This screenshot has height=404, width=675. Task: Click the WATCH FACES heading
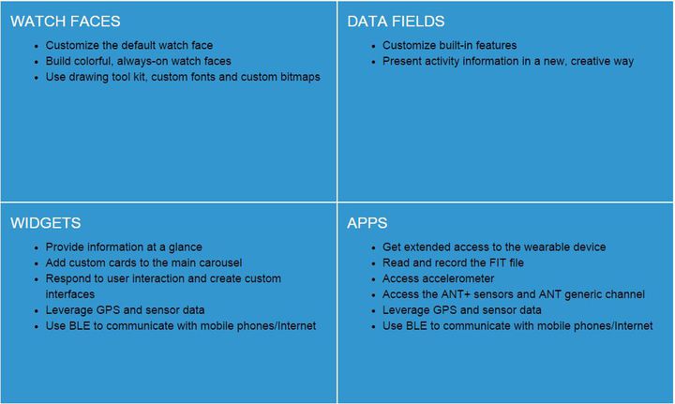pyautogui.click(x=66, y=21)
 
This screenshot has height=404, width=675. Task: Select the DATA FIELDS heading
pyautogui.click(x=396, y=21)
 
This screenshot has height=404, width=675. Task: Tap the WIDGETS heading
pyautogui.click(x=46, y=223)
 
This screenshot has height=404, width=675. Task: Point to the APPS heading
pyautogui.click(x=367, y=223)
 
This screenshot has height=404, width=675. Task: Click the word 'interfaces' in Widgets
pyautogui.click(x=70, y=294)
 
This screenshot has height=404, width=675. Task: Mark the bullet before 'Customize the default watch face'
pyautogui.click(x=37, y=46)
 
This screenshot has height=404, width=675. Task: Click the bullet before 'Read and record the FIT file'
pyautogui.click(x=374, y=263)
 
